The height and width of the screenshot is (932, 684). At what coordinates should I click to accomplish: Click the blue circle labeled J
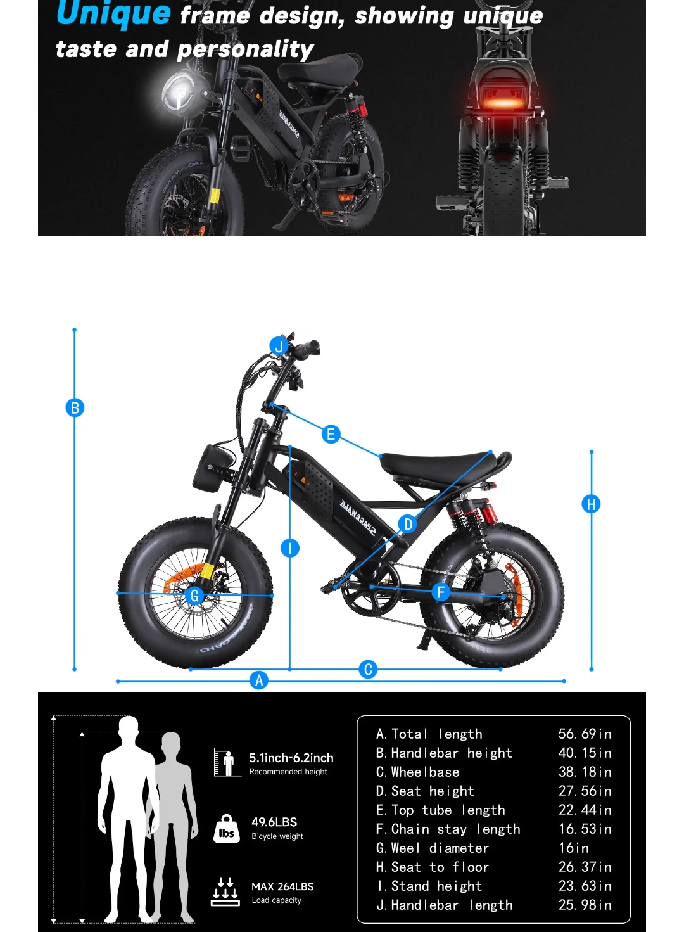279,346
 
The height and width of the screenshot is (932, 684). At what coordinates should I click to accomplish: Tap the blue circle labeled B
75,407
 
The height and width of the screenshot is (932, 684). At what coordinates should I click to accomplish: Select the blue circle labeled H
591,504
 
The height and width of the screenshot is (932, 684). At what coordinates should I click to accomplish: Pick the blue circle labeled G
194,596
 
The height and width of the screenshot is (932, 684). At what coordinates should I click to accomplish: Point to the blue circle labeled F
441,591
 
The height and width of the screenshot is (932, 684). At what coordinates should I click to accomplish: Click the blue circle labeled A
258,680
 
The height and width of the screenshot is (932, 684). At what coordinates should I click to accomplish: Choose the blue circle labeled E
331,434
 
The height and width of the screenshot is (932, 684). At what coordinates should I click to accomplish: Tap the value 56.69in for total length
585,734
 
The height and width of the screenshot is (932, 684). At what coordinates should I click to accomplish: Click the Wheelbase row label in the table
417,772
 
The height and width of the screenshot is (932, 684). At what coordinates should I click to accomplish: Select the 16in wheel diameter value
573,848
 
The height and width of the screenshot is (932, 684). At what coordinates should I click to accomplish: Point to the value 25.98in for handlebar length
585,905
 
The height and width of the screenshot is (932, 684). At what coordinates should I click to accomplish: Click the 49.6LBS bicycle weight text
274,822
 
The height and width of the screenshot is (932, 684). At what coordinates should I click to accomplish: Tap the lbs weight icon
226,829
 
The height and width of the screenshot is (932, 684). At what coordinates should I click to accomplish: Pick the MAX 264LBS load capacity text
282,886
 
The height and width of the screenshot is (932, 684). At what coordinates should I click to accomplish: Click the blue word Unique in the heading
113,13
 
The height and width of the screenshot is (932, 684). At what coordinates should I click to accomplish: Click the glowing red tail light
503,103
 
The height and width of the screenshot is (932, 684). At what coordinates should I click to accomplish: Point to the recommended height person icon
228,762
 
